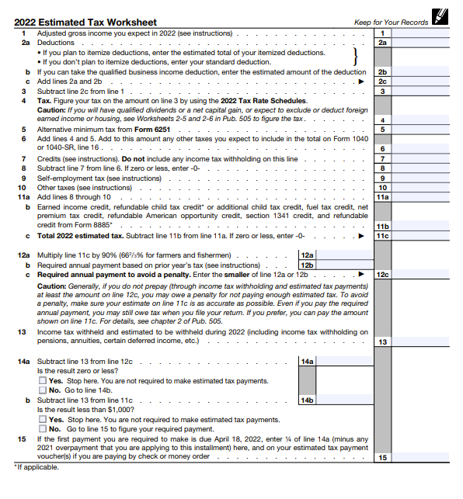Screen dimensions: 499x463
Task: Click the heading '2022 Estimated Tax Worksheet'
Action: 85,22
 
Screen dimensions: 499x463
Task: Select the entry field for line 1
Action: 420,33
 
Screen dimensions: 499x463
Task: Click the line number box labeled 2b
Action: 382,71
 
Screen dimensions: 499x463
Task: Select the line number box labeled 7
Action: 382,158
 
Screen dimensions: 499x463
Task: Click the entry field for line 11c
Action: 420,234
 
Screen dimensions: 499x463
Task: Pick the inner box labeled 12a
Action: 308,255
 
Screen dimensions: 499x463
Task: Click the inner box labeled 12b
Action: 308,265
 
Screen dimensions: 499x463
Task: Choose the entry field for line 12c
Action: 420,274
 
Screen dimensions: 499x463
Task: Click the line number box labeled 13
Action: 382,341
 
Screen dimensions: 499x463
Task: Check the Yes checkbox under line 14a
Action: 43,381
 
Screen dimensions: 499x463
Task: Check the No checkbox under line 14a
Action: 43,390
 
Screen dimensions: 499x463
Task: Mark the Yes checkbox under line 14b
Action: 43,419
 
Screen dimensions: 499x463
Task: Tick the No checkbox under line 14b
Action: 43,428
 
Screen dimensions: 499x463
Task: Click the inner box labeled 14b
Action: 308,400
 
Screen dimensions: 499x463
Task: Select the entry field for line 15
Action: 420,458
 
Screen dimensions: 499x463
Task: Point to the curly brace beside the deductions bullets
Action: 355,57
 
